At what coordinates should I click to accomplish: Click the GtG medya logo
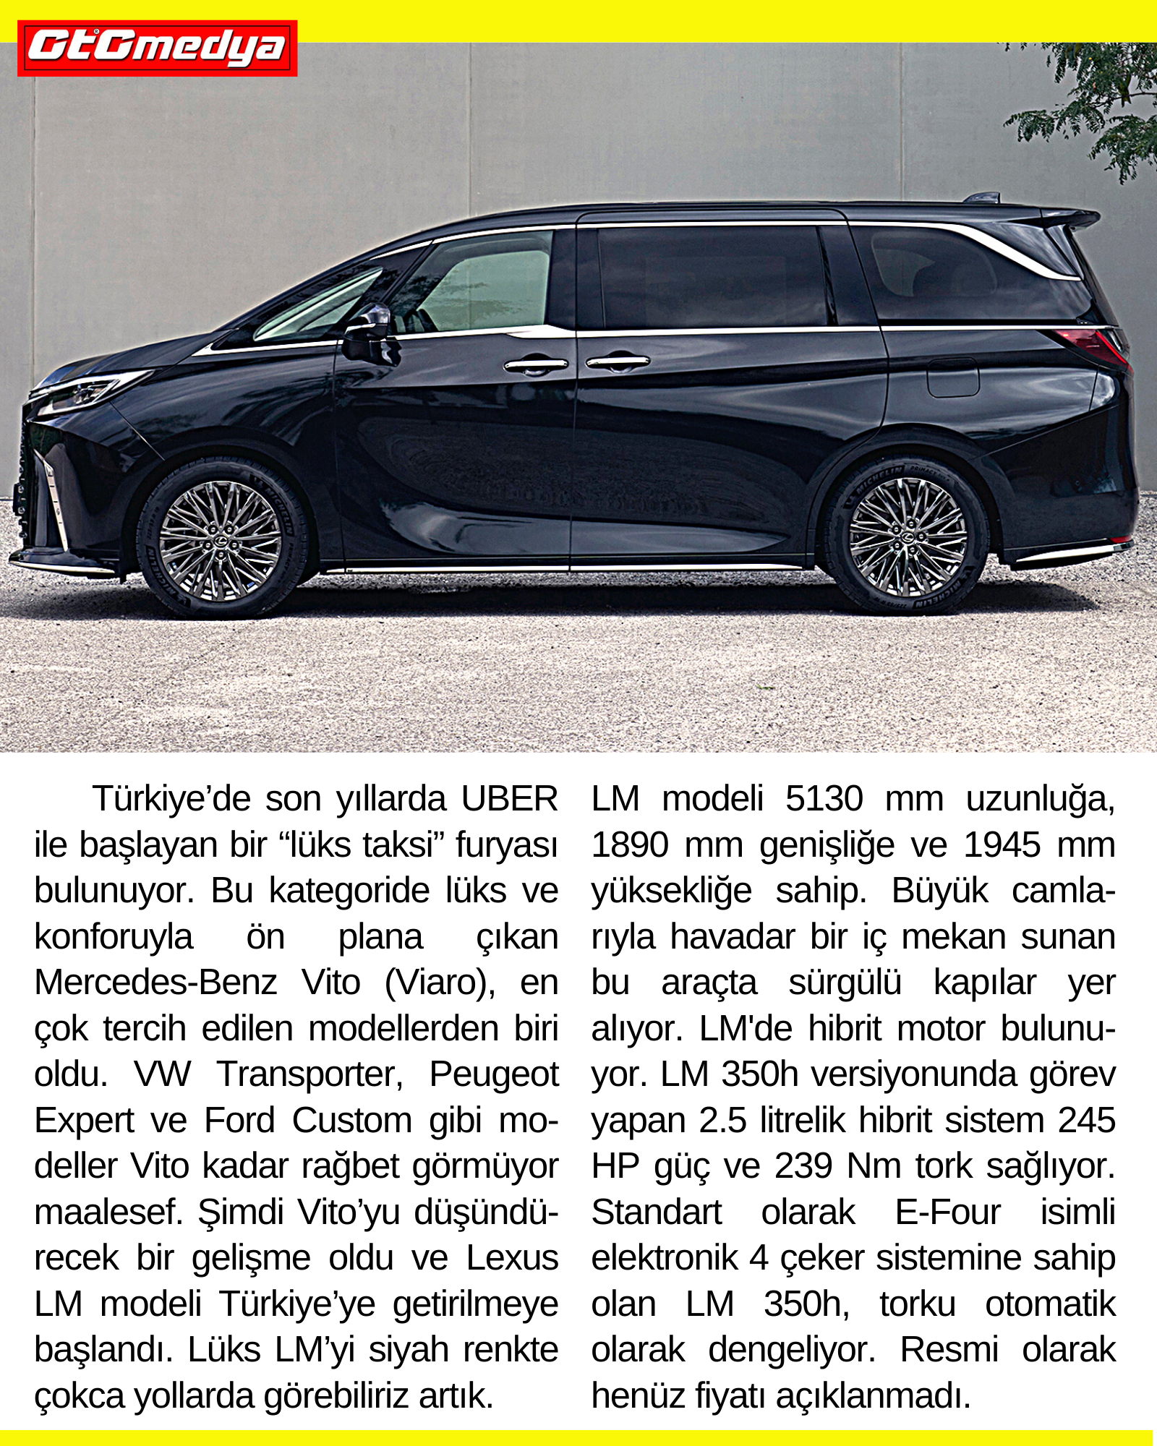pos(157,48)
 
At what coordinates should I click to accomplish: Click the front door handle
pos(536,365)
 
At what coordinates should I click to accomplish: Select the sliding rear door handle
pos(618,361)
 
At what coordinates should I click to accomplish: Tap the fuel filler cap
pos(953,377)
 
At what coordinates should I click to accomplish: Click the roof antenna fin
pos(983,197)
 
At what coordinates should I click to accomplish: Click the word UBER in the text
pos(509,799)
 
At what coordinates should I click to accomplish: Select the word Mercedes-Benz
pos(155,983)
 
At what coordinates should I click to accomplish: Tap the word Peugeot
pos(494,1074)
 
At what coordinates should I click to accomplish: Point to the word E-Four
pos(947,1212)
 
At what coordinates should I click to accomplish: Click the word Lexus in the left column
pos(512,1258)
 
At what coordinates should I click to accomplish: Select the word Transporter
pos(309,1074)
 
